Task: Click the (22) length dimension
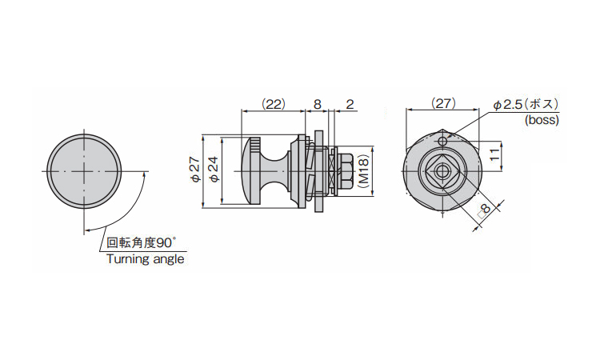click(274, 104)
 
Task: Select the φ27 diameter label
click(196, 170)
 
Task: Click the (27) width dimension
click(443, 103)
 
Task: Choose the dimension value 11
click(494, 154)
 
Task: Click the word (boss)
click(542, 120)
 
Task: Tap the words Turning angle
click(146, 259)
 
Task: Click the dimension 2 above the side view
click(350, 104)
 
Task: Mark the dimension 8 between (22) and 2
click(318, 104)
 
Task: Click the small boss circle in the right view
click(442, 142)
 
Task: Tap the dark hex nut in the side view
click(346, 171)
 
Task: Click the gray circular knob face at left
click(84, 171)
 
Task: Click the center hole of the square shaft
click(442, 171)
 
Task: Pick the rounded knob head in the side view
click(251, 171)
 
